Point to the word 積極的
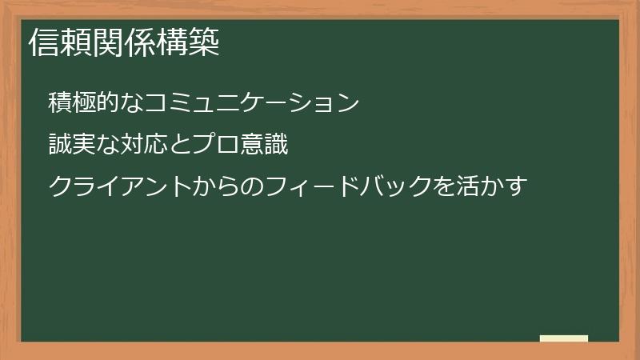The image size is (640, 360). [x=86, y=103]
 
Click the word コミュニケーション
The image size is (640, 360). [x=254, y=103]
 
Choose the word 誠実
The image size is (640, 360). [x=74, y=146]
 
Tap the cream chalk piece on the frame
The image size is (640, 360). [x=564, y=338]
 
